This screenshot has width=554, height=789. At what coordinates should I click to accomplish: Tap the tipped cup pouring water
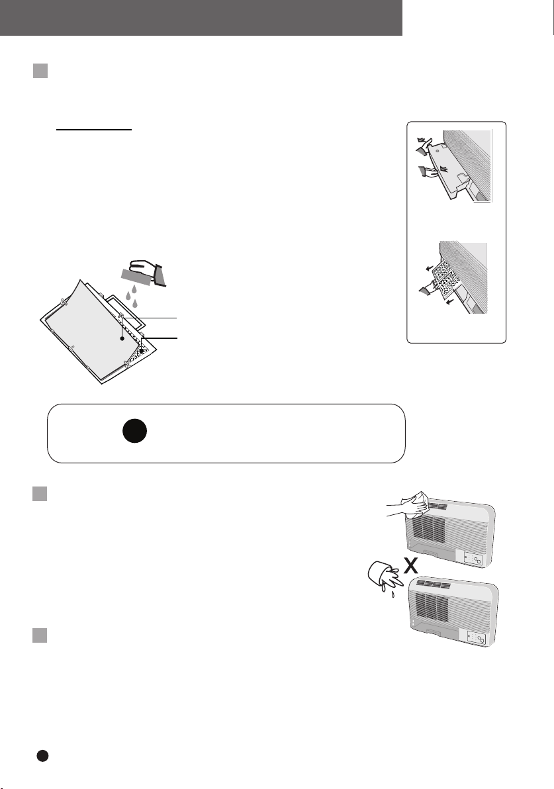tap(383, 575)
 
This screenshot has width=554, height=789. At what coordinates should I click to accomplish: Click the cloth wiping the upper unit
tap(414, 504)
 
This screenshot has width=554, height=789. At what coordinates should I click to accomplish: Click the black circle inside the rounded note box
tap(134, 431)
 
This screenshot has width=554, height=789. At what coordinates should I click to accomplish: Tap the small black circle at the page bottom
tap(43, 756)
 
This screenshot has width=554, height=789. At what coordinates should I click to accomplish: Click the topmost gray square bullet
tap(40, 71)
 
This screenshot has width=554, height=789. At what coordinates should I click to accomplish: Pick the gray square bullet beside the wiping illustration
tap(40, 494)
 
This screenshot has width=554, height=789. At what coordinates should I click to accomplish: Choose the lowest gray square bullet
tap(40, 635)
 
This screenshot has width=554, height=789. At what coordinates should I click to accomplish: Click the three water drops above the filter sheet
tap(131, 297)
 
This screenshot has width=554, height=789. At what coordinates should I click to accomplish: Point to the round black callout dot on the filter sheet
tap(122, 339)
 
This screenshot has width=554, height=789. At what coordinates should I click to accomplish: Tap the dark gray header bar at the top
tap(201, 18)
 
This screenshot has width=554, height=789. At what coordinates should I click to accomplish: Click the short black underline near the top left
tap(94, 129)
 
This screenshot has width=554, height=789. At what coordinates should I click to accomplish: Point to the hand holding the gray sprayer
tap(143, 267)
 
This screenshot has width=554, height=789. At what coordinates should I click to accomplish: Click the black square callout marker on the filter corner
tap(142, 350)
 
